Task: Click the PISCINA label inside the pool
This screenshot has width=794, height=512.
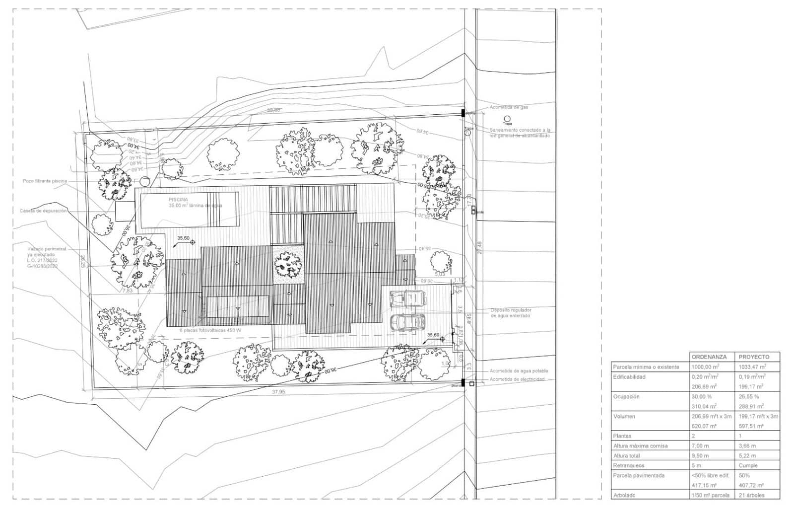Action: (178, 199)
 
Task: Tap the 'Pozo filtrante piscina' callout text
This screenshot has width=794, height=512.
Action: (45, 181)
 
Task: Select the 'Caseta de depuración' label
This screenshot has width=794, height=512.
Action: (43, 211)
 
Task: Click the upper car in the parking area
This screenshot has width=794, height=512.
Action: (408, 298)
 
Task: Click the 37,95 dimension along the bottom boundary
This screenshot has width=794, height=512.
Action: (278, 392)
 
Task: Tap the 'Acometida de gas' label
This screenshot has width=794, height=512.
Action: (509, 107)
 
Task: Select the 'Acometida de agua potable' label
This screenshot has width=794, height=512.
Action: (519, 371)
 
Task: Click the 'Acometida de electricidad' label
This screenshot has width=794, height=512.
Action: (517, 379)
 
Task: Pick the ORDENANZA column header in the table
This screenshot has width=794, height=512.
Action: (709, 357)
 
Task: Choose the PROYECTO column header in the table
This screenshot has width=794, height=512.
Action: (754, 357)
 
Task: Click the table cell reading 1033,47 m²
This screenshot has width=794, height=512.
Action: (752, 367)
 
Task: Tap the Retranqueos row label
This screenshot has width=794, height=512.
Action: (629, 466)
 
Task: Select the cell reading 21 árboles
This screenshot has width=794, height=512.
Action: (751, 495)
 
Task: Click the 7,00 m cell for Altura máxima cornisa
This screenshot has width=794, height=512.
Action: (701, 446)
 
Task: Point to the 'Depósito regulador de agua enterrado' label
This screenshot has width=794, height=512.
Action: (511, 312)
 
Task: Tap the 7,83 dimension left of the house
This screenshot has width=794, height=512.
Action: (128, 291)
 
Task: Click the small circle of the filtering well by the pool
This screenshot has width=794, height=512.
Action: (144, 181)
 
